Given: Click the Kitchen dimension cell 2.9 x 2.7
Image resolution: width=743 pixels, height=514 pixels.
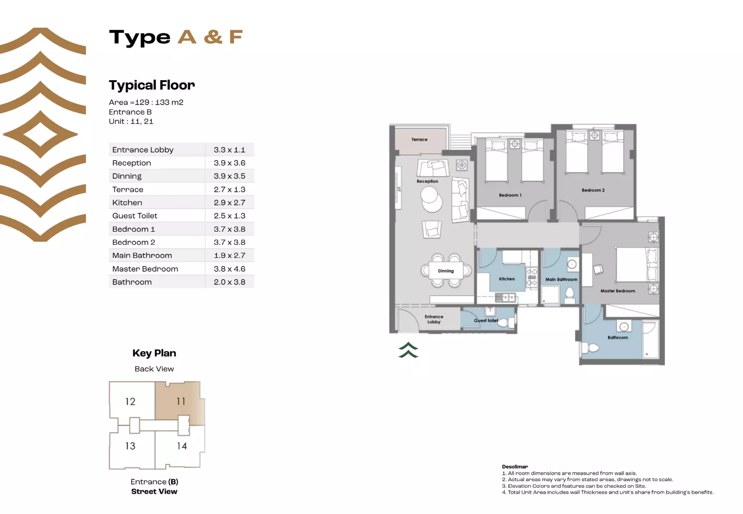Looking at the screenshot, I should (x=229, y=203).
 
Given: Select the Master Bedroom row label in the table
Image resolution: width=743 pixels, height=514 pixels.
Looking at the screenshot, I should (x=145, y=269).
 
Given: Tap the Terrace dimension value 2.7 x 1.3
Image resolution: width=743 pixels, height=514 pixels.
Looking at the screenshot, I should (x=229, y=189).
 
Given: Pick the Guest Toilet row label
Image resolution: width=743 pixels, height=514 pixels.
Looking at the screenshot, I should (x=135, y=216).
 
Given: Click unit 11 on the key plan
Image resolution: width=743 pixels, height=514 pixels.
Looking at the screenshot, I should (x=181, y=401).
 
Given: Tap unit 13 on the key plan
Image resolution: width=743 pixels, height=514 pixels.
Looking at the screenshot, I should (x=130, y=446).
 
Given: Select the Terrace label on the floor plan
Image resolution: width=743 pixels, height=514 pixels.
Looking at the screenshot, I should (x=419, y=139).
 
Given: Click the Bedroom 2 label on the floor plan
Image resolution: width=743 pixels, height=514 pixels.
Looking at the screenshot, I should (x=593, y=190).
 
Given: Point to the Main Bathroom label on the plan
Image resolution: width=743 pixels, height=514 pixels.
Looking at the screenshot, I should (x=561, y=279).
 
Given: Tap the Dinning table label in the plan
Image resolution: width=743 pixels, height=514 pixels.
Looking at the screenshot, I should (x=446, y=271).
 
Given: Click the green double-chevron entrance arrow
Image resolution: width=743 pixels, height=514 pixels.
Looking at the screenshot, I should (x=408, y=350).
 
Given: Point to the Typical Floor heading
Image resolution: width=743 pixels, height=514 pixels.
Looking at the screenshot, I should (x=152, y=85).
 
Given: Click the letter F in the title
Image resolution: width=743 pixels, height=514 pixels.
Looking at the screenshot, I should (x=236, y=37).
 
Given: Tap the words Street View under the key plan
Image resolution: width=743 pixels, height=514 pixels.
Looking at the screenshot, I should (x=154, y=491).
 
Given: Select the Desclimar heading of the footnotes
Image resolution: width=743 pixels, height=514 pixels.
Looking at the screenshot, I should (x=515, y=467).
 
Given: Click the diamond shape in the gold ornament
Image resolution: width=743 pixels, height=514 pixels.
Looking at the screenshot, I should (x=40, y=134).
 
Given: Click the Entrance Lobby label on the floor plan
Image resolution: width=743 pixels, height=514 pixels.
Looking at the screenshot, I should (x=433, y=319).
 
